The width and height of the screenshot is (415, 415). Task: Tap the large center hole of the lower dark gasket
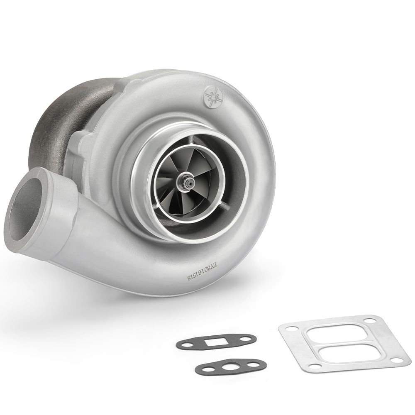229,366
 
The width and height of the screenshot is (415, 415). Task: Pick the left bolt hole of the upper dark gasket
185,344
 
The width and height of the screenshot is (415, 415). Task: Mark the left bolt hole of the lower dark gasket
203,369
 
